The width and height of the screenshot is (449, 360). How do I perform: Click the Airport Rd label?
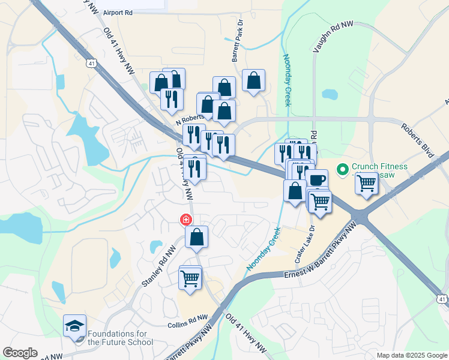[x=117, y=12]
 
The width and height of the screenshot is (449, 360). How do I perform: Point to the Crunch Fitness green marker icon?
[x=343, y=170]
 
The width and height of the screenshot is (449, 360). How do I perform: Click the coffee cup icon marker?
[x=317, y=180]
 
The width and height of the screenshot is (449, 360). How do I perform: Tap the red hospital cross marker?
[x=187, y=220]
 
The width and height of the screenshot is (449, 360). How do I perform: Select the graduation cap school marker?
[x=74, y=326]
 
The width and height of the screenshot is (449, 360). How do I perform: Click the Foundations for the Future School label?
[x=120, y=338]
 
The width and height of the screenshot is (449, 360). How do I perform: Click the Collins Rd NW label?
[x=187, y=319]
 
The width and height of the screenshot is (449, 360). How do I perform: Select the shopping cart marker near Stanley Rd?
[x=190, y=278]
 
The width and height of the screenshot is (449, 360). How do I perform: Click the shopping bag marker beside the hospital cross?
[x=196, y=237]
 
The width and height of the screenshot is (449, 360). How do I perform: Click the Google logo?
[x=20, y=353]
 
